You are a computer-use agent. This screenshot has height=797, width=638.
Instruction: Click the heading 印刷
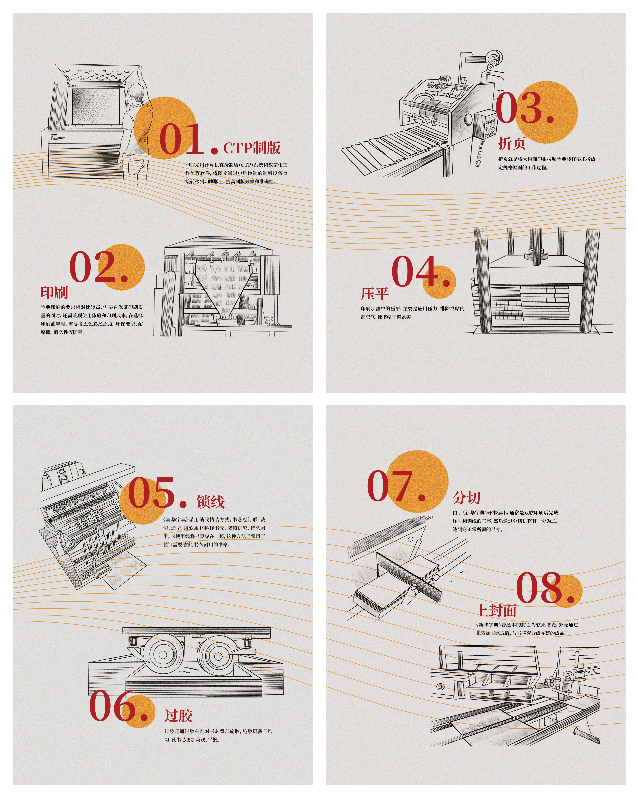point(54,292)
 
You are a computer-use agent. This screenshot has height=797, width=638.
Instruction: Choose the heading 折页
point(512,143)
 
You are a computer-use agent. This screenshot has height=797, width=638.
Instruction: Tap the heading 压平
point(375,294)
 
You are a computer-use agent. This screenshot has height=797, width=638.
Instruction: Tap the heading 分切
point(467,498)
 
